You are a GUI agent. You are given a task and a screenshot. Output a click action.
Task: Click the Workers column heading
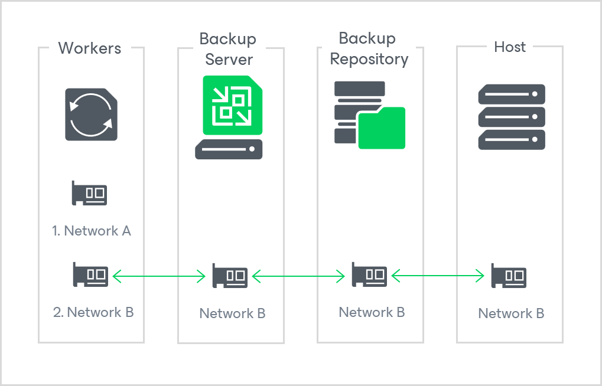(90, 48)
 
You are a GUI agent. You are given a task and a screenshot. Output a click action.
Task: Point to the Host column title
(509, 47)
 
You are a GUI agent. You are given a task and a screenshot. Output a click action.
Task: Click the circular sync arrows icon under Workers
(91, 115)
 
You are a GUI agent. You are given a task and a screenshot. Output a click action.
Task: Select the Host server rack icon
(511, 117)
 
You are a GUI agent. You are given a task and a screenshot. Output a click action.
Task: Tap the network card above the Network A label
(89, 193)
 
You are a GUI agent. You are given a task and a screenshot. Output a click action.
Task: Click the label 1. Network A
(92, 231)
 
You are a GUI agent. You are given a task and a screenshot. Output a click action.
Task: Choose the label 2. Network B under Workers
(93, 312)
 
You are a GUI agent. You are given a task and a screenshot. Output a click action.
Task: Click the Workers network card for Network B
(90, 274)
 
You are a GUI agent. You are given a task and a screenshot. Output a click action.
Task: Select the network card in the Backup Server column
(230, 276)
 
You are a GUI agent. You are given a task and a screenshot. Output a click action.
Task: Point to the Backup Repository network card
(369, 274)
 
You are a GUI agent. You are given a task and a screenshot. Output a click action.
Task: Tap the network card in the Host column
(509, 276)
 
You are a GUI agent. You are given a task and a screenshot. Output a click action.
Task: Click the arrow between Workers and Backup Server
(159, 275)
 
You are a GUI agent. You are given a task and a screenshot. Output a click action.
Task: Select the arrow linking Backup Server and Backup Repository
(299, 275)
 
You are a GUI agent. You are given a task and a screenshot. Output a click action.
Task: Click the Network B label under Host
(511, 313)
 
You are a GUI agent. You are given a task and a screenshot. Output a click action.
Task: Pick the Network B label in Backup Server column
(232, 313)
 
